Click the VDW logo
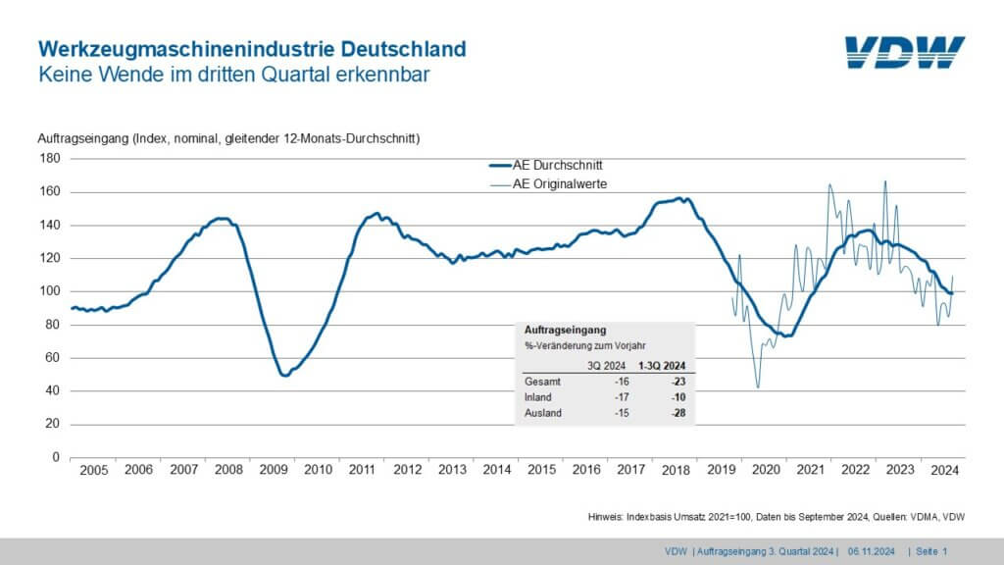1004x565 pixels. tap(904, 52)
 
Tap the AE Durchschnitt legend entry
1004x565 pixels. tap(545, 165)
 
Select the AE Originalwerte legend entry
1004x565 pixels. tap(548, 184)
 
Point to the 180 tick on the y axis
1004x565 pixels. tap(50, 158)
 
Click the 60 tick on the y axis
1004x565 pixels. tap(53, 357)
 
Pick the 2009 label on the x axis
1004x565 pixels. tap(274, 470)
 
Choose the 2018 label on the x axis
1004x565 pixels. tap(676, 470)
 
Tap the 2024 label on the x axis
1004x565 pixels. tap(944, 470)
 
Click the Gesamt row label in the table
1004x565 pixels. tap(542, 382)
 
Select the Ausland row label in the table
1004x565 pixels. tap(543, 413)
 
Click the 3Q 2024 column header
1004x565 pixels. tap(606, 366)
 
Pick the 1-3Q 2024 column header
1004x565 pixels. tap(662, 366)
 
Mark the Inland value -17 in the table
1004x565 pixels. tap(622, 397)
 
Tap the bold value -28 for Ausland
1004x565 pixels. tap(678, 413)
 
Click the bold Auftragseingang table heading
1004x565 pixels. tap(566, 330)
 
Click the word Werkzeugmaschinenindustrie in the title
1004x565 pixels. tap(186, 49)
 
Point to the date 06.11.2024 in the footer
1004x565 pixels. tap(872, 551)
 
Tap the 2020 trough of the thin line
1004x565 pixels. tap(758, 386)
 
